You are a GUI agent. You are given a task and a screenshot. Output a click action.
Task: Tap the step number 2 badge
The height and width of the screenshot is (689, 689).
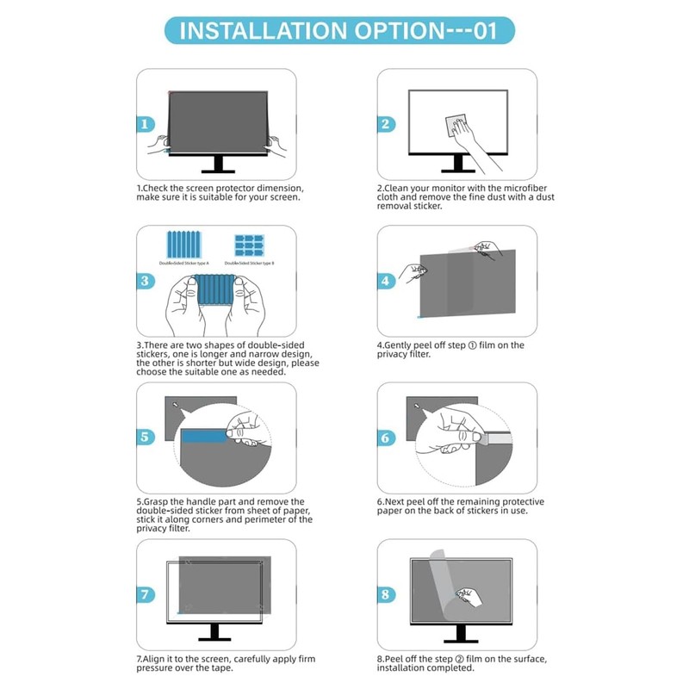click(x=386, y=124)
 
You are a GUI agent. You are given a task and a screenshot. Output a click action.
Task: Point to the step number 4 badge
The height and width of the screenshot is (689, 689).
click(x=386, y=281)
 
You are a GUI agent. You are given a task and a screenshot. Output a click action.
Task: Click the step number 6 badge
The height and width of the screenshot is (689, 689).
click(x=386, y=437)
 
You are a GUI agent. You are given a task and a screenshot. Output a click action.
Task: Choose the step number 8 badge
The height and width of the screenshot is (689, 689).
click(x=386, y=594)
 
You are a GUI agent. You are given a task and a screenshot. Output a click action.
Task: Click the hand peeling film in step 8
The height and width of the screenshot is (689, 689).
click(x=469, y=594)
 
